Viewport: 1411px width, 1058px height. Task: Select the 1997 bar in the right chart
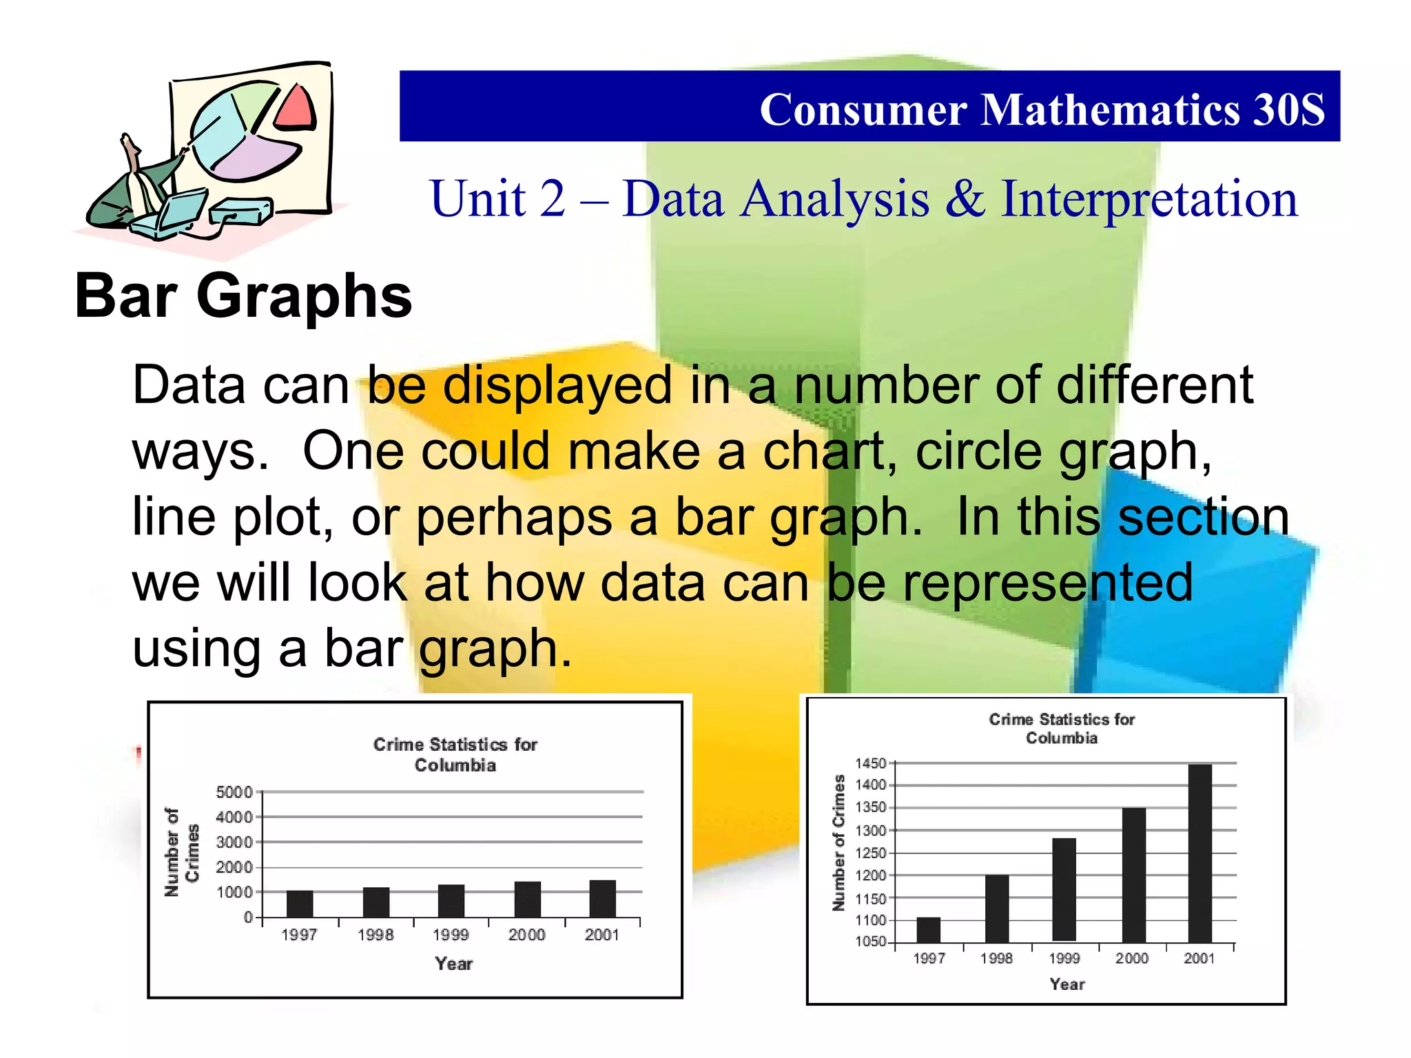[928, 929]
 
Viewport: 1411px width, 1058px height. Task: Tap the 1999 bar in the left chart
[451, 901]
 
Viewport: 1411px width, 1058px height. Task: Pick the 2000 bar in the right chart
[1133, 875]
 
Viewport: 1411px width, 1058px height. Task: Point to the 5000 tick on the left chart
[234, 792]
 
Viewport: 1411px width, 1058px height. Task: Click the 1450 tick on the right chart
[871, 763]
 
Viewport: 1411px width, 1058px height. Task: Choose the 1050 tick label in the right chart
[871, 942]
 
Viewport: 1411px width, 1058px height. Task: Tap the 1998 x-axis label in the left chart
[375, 935]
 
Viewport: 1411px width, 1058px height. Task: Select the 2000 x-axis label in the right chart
[1132, 958]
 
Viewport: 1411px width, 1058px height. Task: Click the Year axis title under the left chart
[453, 964]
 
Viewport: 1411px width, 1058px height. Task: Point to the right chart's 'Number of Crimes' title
[838, 842]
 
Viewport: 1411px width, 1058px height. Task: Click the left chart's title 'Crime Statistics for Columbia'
[455, 754]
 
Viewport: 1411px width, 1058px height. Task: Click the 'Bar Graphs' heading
[243, 296]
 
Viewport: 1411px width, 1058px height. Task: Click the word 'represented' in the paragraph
[1047, 583]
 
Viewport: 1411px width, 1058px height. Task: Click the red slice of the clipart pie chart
[296, 109]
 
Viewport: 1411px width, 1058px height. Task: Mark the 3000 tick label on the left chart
[234, 842]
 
